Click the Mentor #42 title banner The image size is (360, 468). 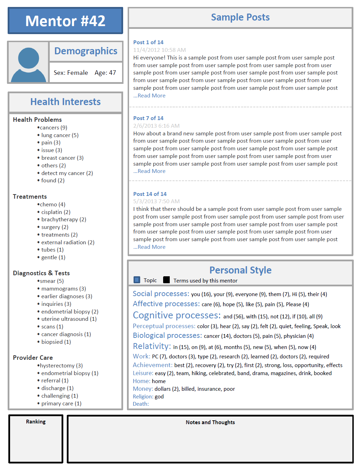(x=65, y=21)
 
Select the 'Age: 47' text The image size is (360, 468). (x=105, y=73)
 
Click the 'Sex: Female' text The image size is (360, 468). (x=71, y=73)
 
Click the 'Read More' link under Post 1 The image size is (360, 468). (x=150, y=96)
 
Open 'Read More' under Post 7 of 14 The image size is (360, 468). (x=150, y=171)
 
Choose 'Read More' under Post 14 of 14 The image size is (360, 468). (x=150, y=247)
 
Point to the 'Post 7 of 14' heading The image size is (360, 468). (x=148, y=118)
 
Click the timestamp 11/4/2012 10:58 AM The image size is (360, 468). (x=159, y=50)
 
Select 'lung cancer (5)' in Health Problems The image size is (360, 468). (x=60, y=135)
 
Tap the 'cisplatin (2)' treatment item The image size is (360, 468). (x=56, y=212)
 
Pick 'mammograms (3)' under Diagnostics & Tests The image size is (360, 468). (x=63, y=289)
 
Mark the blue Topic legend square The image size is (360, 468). (x=137, y=280)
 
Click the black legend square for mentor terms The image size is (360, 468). (x=167, y=280)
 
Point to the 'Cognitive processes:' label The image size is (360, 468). (x=177, y=316)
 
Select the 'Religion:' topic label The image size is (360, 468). (x=143, y=397)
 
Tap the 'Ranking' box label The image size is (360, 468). (x=36, y=422)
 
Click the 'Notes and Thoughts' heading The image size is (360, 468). (x=210, y=422)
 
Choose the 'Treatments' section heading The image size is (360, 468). (x=30, y=197)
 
